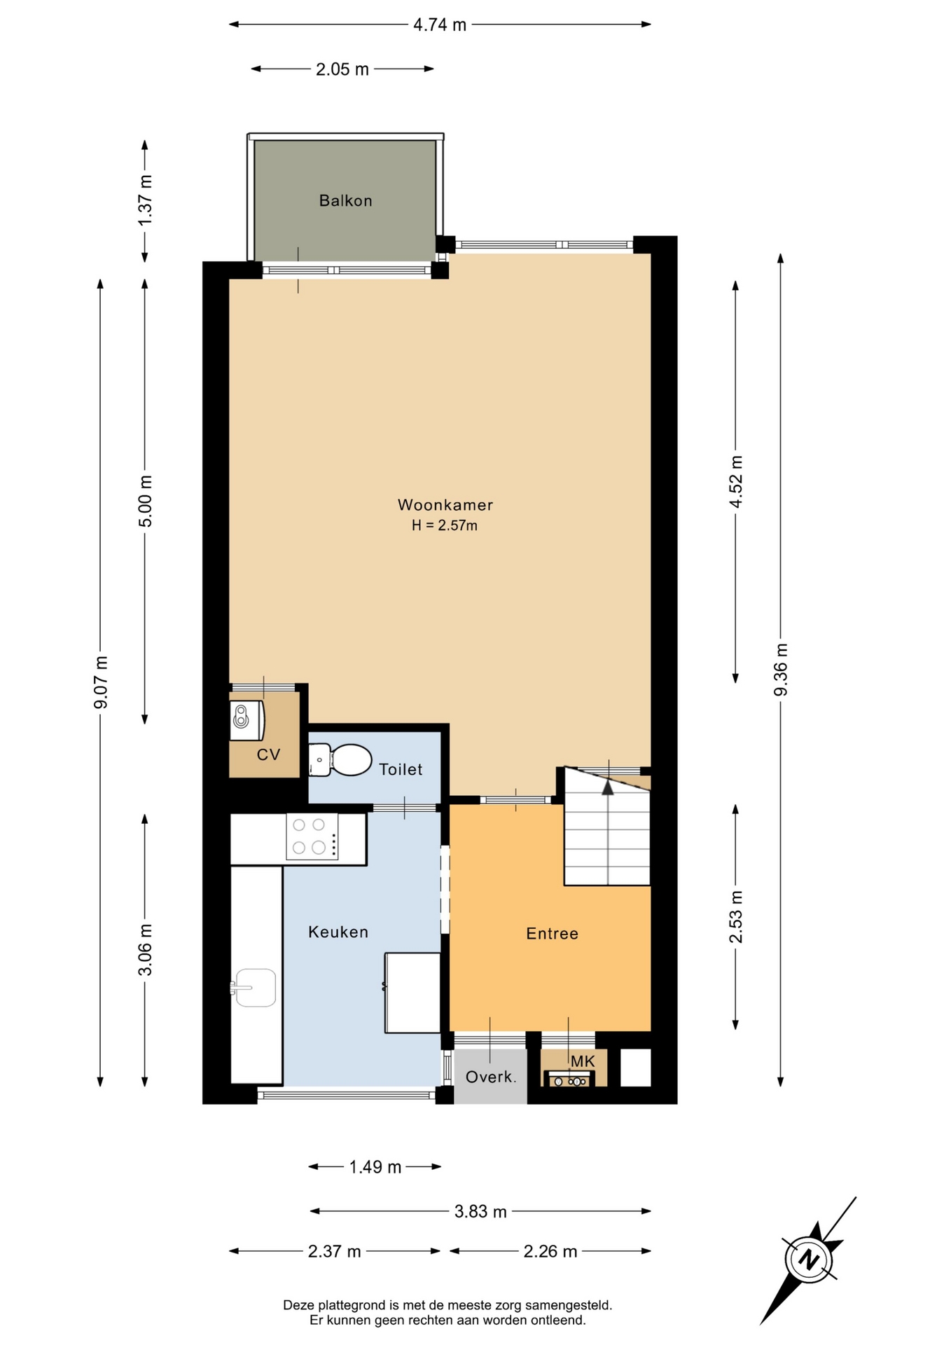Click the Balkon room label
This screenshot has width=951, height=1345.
[x=345, y=201]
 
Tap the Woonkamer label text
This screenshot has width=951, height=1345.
[x=445, y=505]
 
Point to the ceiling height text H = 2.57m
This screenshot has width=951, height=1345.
[x=445, y=525]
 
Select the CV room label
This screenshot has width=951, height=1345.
[x=268, y=754]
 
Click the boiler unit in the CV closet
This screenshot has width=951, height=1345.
[x=247, y=720]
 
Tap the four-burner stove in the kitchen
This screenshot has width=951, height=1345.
[x=312, y=836]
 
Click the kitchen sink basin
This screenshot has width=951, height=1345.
[x=255, y=988]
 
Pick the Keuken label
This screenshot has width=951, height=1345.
[x=338, y=932]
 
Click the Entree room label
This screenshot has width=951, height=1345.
[x=553, y=934]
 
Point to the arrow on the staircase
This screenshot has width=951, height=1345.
[x=608, y=787]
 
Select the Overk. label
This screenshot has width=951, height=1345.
[x=491, y=1077]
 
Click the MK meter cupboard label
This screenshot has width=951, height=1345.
[x=583, y=1061]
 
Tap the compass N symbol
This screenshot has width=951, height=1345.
[x=809, y=1260]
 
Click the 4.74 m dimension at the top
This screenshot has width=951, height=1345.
[x=440, y=25]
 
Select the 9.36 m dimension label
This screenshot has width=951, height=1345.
[x=781, y=670]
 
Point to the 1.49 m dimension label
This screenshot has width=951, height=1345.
[x=375, y=1167]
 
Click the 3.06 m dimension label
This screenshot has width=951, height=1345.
[x=145, y=950]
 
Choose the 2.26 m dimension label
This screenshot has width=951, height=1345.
[x=550, y=1252]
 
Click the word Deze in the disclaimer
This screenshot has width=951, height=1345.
[x=298, y=1305]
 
